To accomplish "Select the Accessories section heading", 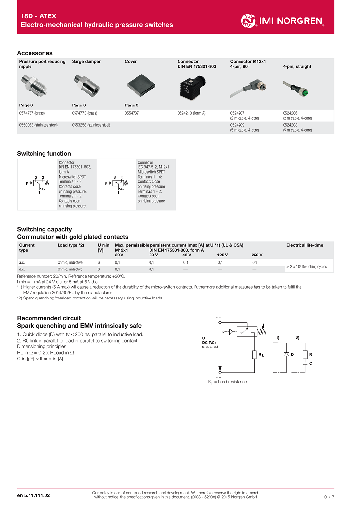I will click(35, 53).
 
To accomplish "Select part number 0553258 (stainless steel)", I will click(91, 125).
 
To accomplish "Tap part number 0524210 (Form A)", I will click(191, 113).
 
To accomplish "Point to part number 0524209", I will click(238, 125).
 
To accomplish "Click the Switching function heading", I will click(44, 154).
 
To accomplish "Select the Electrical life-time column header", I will click(305, 245).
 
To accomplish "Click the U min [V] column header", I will click(103, 248).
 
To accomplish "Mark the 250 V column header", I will click(257, 255).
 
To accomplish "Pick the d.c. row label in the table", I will click(22, 269).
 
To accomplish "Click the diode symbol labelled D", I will click(286, 355).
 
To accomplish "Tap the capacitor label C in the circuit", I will click(310, 362).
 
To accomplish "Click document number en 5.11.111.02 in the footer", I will click(33, 496).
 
